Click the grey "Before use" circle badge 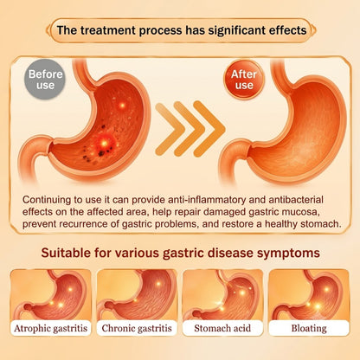45,80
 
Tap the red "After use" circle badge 244,80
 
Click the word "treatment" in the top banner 107,30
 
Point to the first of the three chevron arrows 166,129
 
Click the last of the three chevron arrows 209,129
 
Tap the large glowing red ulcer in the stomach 105,143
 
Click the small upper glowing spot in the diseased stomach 122,106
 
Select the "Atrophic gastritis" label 50,328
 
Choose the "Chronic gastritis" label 137,328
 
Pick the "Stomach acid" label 222,328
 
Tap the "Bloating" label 309,328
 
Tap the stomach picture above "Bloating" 309,294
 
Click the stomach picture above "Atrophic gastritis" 50,294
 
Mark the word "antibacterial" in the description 296,200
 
